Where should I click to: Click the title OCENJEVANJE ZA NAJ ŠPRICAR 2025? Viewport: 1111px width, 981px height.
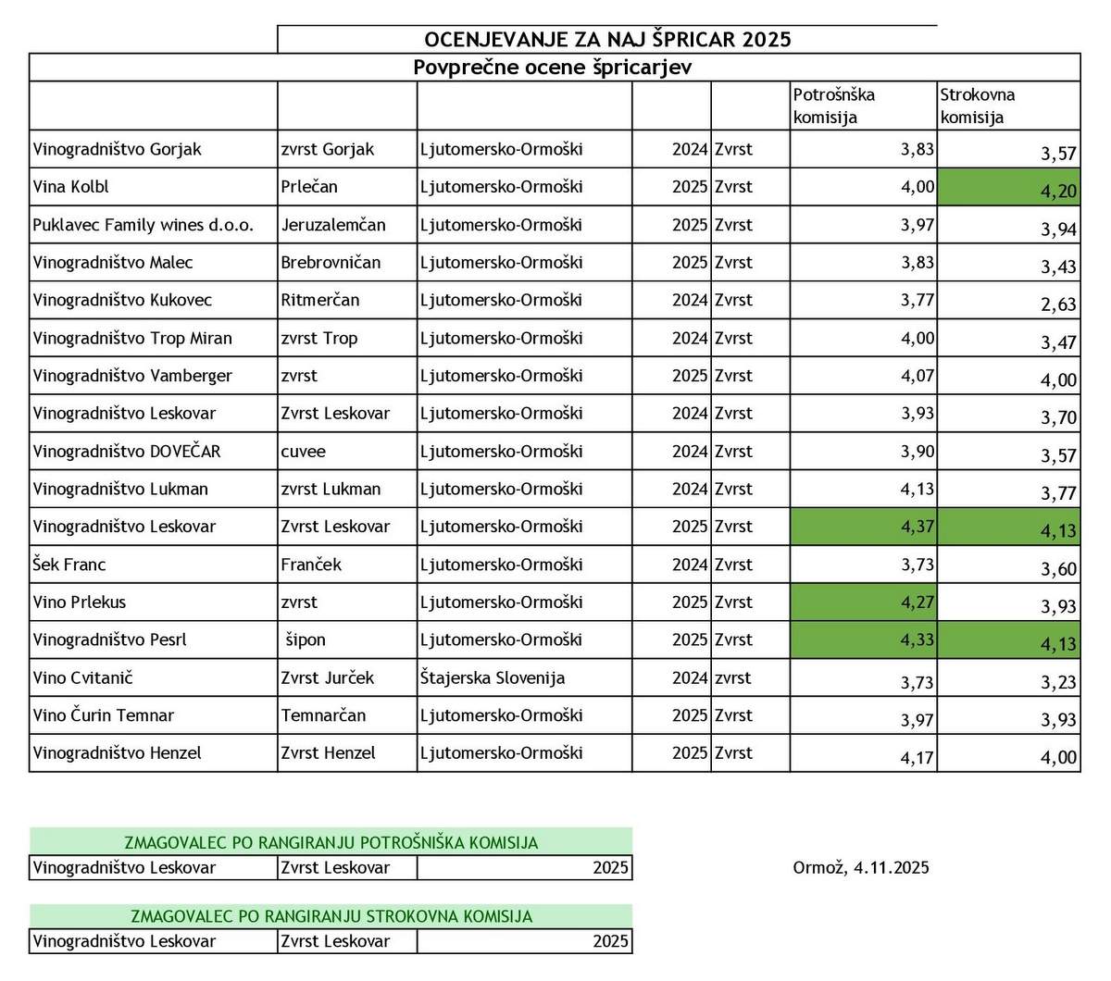607,39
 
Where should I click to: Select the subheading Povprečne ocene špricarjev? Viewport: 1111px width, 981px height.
553,68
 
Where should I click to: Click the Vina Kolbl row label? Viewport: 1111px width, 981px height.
71,187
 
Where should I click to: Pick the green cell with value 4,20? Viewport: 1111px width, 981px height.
1008,188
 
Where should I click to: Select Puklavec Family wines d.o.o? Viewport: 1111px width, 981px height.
143,225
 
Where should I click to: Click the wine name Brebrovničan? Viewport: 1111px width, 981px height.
331,263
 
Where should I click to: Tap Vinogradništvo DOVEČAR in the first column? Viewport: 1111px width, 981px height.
127,452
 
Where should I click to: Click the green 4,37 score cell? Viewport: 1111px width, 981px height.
864,527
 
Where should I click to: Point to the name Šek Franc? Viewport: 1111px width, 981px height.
69,565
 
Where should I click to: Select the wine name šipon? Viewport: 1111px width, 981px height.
306,640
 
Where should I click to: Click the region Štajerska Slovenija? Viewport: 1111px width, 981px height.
493,678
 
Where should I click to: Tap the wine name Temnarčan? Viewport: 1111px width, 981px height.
323,715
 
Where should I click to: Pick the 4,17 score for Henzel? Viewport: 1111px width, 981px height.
917,757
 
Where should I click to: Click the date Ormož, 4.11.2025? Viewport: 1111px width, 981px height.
861,868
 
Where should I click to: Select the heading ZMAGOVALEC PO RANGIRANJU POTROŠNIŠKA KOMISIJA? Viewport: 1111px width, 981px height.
331,842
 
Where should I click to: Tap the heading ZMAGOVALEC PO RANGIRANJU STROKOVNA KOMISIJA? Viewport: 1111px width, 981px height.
331,916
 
